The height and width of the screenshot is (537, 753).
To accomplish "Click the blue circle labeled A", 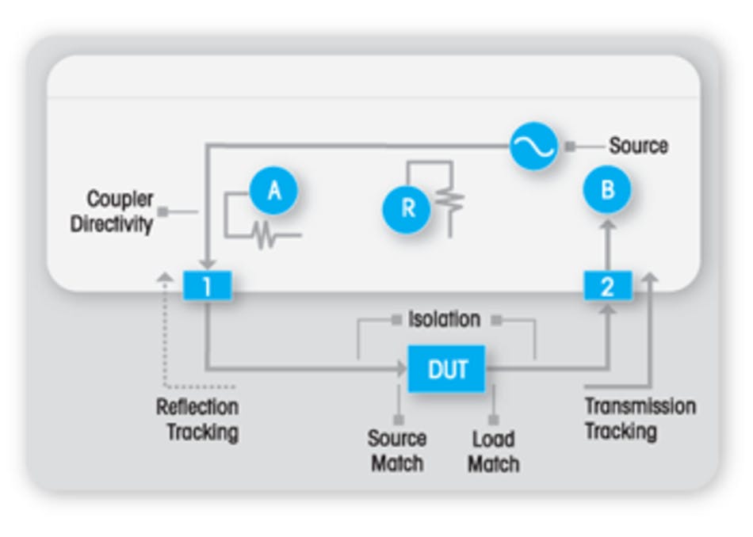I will [x=273, y=191].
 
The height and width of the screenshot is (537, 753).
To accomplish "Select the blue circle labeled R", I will [x=407, y=208].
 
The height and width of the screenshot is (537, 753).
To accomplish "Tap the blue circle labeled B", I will [x=607, y=191].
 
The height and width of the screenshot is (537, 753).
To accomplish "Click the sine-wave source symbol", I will [x=533, y=146].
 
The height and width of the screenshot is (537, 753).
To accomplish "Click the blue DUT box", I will [x=446, y=369].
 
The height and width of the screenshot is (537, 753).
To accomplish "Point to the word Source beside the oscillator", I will [x=638, y=146].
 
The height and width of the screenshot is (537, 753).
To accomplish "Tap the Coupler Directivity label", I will [x=111, y=211].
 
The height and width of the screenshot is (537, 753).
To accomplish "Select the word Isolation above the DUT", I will [x=444, y=319].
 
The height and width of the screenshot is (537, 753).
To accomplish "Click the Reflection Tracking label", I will [x=197, y=420].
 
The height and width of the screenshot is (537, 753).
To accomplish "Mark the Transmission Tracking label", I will [x=639, y=418].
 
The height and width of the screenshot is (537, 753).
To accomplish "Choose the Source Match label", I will [x=396, y=451].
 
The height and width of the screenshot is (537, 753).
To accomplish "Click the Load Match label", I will [x=493, y=451].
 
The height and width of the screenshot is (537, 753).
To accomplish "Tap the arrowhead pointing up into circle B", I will [x=607, y=226].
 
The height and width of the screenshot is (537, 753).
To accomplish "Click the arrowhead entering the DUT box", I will [x=401, y=368].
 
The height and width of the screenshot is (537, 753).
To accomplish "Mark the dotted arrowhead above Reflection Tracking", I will [x=165, y=276].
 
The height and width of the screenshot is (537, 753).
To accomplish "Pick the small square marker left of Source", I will [x=570, y=147].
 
